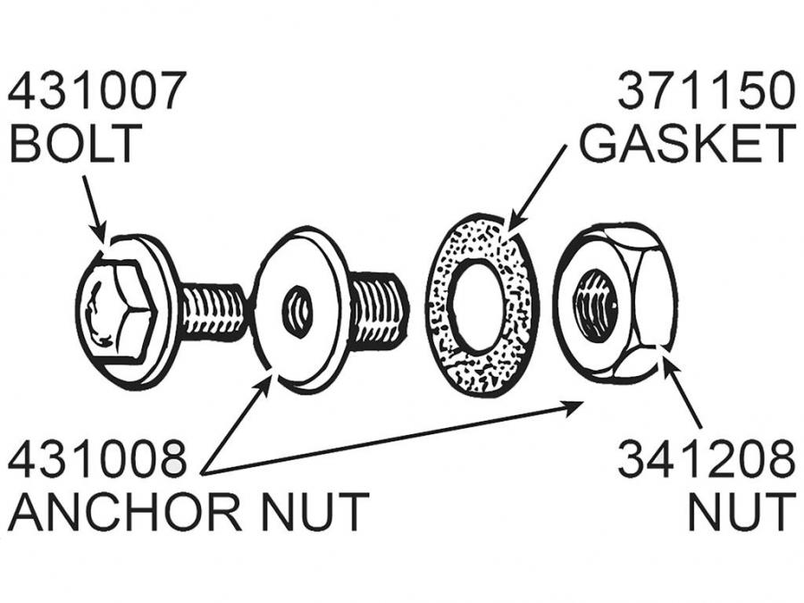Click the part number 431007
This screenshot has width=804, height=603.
(x=97, y=92)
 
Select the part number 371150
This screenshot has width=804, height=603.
(x=707, y=92)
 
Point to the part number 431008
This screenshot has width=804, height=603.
(x=97, y=461)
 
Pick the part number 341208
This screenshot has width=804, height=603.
(x=707, y=461)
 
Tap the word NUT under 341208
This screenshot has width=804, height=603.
(x=741, y=512)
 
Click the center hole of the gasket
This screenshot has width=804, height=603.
(x=478, y=304)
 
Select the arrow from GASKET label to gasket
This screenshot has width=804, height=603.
(x=537, y=188)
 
